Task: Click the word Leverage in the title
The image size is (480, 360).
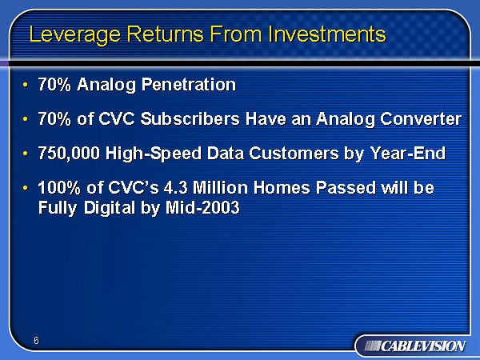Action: [x=75, y=34]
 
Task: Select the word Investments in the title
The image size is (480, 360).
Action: [x=327, y=34]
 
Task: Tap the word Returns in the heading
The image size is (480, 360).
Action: [x=166, y=34]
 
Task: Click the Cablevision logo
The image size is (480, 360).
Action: [x=415, y=346]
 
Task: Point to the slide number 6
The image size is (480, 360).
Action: [x=37, y=341]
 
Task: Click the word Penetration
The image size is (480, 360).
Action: [x=189, y=84]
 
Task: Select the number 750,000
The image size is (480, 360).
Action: [x=69, y=153]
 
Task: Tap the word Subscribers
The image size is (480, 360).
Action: [x=190, y=118]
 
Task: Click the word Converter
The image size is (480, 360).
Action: [x=421, y=118]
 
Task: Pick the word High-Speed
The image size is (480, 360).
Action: [x=153, y=154]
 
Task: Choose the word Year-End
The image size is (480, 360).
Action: [x=408, y=153]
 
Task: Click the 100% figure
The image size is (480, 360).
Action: [x=59, y=188]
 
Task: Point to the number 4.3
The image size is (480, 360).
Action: [x=175, y=188]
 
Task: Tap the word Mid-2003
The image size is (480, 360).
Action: [x=202, y=207]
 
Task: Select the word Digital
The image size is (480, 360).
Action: [x=110, y=208]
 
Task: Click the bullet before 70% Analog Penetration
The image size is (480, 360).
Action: [x=25, y=84]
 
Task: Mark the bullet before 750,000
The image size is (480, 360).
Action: [x=25, y=153]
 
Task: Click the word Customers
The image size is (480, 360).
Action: [x=294, y=153]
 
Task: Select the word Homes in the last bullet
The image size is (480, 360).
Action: [x=282, y=188]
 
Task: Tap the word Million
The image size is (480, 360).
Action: [x=220, y=188]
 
